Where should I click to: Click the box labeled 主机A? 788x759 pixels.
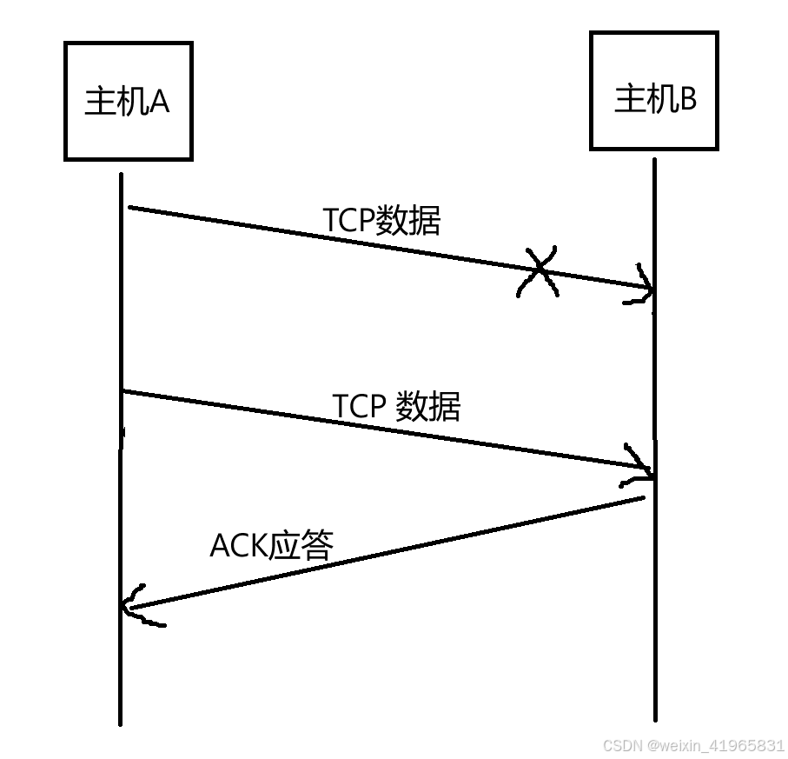[x=128, y=102]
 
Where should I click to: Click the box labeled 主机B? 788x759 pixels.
[x=654, y=91]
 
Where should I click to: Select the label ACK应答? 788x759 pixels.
[x=272, y=545]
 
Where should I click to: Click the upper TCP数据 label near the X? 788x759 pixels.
[x=382, y=221]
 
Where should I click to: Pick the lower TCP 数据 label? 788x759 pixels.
[x=396, y=406]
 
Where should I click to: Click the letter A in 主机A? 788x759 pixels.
[x=159, y=103]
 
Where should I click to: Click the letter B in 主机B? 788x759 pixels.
[x=686, y=99]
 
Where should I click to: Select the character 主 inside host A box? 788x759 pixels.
[x=99, y=103]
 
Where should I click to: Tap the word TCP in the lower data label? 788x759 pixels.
[x=359, y=407]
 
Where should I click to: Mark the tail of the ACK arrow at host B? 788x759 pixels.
[x=643, y=498]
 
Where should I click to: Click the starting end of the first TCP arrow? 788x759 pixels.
[x=130, y=208]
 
